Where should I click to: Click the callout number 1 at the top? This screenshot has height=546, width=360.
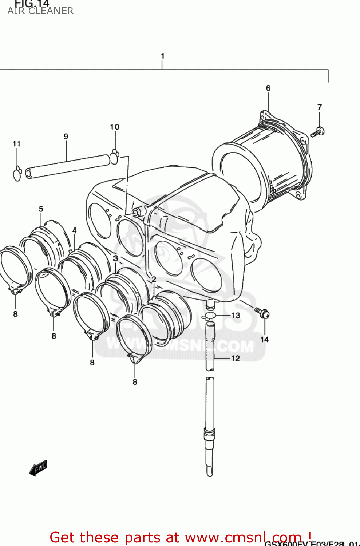point(162,56)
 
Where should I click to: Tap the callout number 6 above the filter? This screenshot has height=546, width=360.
point(268,88)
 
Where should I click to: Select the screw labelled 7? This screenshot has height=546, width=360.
point(318,132)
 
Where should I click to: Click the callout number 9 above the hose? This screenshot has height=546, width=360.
point(66,136)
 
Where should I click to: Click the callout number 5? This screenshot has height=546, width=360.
point(41,209)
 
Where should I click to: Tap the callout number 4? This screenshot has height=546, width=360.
point(74,230)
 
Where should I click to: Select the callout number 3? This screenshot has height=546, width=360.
point(115,258)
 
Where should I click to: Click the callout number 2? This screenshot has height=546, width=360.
point(154,279)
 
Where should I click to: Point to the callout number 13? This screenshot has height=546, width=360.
point(236,315)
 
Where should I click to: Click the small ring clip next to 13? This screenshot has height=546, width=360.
point(210,316)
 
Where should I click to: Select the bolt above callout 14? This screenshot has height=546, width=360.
point(262,313)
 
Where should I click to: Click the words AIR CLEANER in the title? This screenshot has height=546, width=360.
point(40,11)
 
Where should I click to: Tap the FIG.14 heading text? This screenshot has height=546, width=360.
point(31,4)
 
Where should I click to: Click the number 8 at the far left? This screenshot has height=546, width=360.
point(15,314)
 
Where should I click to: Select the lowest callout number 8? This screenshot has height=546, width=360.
point(135,382)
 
